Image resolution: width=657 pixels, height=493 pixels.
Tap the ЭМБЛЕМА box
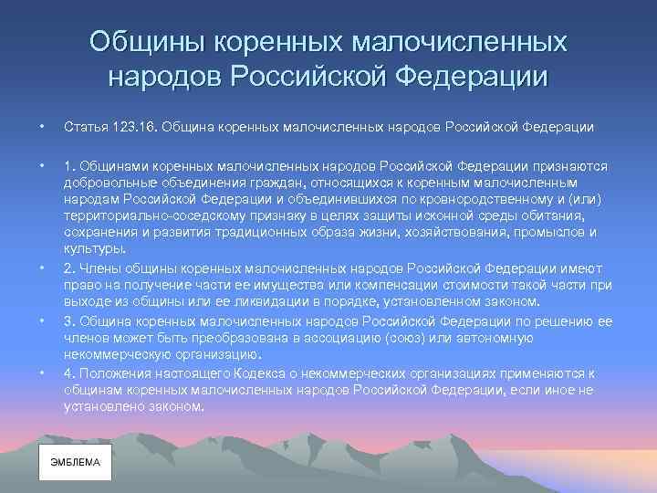click(75, 462)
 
